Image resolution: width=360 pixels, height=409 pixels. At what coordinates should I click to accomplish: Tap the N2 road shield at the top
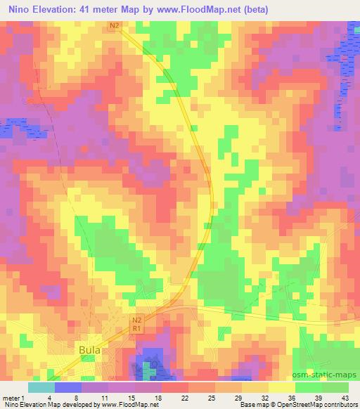coord(116,26)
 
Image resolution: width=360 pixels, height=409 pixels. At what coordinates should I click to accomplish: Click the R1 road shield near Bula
coord(138,328)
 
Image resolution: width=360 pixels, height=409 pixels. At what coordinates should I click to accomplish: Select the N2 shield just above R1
coord(138,320)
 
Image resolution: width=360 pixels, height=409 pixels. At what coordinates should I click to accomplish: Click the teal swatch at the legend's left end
coord(41,387)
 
